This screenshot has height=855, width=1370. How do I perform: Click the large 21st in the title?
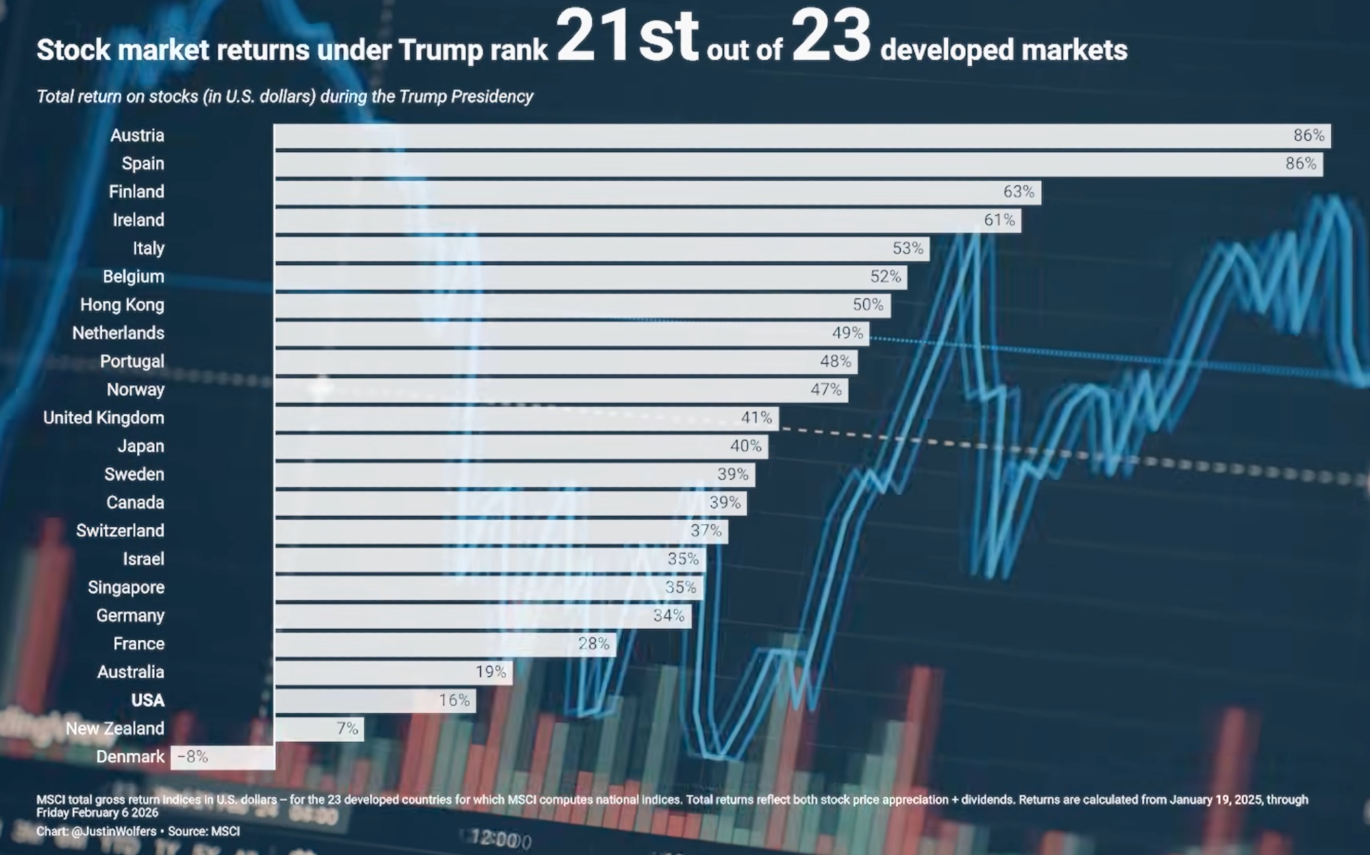[627, 38]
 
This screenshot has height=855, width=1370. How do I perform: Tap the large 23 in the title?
[831, 38]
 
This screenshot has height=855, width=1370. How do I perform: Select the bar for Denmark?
[223, 757]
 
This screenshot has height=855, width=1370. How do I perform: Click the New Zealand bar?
[319, 728]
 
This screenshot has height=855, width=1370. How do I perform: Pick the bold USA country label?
[148, 700]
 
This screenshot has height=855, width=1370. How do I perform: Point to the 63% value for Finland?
[1019, 192]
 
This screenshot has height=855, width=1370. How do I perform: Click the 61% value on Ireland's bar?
[999, 220]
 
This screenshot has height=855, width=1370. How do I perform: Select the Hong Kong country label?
[122, 305]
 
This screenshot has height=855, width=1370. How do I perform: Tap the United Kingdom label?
[103, 418]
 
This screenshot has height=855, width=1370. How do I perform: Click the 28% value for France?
[593, 644]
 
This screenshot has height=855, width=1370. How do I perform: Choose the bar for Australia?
[393, 672]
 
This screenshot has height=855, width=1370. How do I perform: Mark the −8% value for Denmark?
[192, 757]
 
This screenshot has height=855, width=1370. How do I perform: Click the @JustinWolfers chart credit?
[114, 832]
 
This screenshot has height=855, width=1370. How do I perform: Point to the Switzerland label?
[120, 531]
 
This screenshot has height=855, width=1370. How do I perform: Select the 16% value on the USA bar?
[454, 700]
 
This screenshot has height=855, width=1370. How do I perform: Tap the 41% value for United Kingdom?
[756, 418]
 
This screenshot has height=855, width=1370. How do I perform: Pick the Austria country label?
[137, 136]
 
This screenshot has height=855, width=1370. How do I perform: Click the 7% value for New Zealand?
[347, 728]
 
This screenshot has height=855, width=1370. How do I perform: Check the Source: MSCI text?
[204, 832]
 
